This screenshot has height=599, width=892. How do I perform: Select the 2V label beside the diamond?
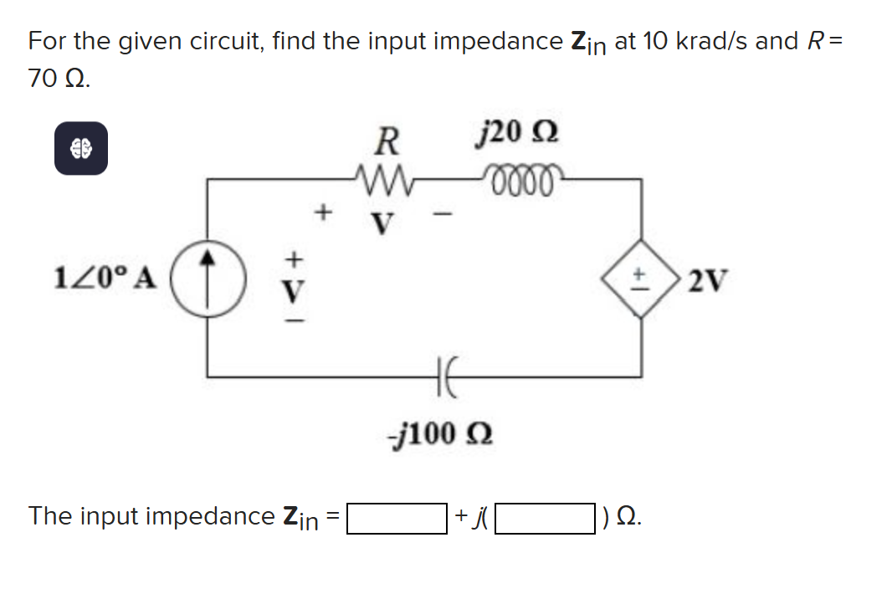pos(709,279)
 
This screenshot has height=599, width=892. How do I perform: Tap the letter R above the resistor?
pos(385,141)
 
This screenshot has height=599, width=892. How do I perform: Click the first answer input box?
pos(396,517)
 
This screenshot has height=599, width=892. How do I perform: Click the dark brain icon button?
pos(80,148)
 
